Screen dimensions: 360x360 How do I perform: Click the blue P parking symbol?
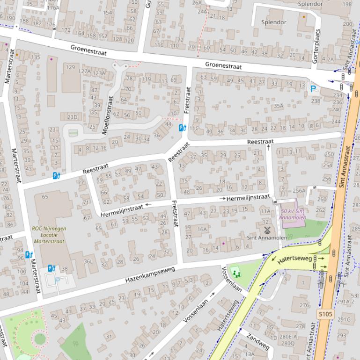(313, 88)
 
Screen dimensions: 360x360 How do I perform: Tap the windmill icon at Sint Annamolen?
(268, 230)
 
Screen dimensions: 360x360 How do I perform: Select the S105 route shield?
(324, 314)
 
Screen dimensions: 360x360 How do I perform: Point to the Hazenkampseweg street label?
(150, 274)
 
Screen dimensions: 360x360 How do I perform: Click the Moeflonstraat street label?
(108, 115)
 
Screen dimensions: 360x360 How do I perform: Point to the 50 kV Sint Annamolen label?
(293, 214)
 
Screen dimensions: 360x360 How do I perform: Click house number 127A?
(84, 72)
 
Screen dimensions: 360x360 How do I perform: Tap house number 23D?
(72, 117)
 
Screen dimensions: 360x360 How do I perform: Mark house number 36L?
(88, 261)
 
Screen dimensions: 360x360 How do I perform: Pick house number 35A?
(279, 106)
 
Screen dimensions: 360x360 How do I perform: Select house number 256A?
(299, 190)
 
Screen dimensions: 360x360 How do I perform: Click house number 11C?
(194, 128)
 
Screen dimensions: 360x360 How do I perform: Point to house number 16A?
(202, 229)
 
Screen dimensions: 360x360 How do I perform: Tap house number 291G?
(344, 320)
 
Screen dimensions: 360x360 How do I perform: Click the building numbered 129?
(70, 67)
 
